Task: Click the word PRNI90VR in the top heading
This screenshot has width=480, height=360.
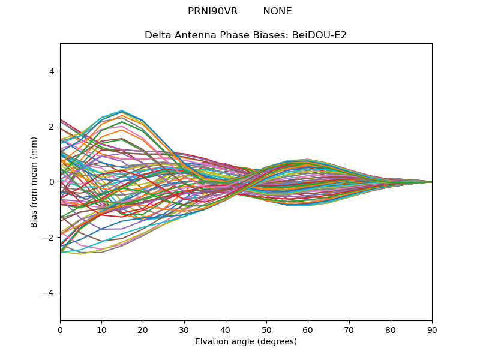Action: [x=212, y=11]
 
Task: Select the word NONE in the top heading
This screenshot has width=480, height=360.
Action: [x=277, y=11]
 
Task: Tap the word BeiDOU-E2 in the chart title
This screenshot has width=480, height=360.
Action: [x=319, y=35]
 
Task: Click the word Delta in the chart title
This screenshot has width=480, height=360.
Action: [x=157, y=35]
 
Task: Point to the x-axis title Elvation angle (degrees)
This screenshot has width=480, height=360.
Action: [x=246, y=342]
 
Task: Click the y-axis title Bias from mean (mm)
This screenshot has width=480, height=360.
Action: [x=34, y=182]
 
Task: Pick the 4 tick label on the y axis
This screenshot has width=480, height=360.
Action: [x=52, y=71]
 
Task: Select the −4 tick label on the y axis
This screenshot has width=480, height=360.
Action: [x=50, y=293]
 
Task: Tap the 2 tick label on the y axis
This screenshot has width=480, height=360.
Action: [x=52, y=127]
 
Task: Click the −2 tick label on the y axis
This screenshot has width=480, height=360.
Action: [x=50, y=238]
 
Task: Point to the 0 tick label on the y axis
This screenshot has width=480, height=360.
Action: [x=52, y=182]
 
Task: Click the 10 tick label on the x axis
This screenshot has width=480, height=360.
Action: [x=101, y=329]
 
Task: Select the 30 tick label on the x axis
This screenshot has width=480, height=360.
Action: [x=184, y=329]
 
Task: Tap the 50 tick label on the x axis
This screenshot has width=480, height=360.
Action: [x=266, y=329]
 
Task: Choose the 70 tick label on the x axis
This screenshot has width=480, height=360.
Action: [x=349, y=329]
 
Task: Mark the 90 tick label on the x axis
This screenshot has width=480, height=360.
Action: [x=432, y=329]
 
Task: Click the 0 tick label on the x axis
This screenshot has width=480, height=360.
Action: [x=60, y=329]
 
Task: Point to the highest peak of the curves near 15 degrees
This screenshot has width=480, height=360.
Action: [x=122, y=111]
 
